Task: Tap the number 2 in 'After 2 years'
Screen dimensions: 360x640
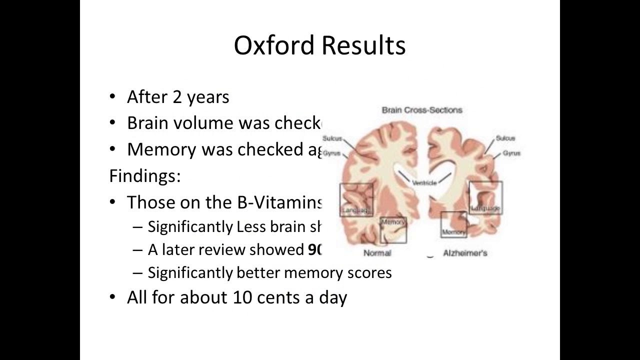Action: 177,97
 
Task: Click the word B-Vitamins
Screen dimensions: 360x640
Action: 280,202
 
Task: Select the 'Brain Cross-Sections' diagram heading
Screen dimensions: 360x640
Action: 422,109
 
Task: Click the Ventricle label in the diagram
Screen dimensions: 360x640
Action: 424,183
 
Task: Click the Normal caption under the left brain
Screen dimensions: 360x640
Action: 377,253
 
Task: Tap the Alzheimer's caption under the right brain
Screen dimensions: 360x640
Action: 465,253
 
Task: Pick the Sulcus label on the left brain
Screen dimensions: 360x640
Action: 332,138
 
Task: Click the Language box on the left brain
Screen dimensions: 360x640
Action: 356,200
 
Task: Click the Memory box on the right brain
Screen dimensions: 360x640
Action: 454,224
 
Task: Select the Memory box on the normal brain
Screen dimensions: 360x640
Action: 393,229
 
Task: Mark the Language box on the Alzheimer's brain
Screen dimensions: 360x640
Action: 485,197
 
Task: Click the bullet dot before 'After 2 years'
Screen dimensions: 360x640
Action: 113,97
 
